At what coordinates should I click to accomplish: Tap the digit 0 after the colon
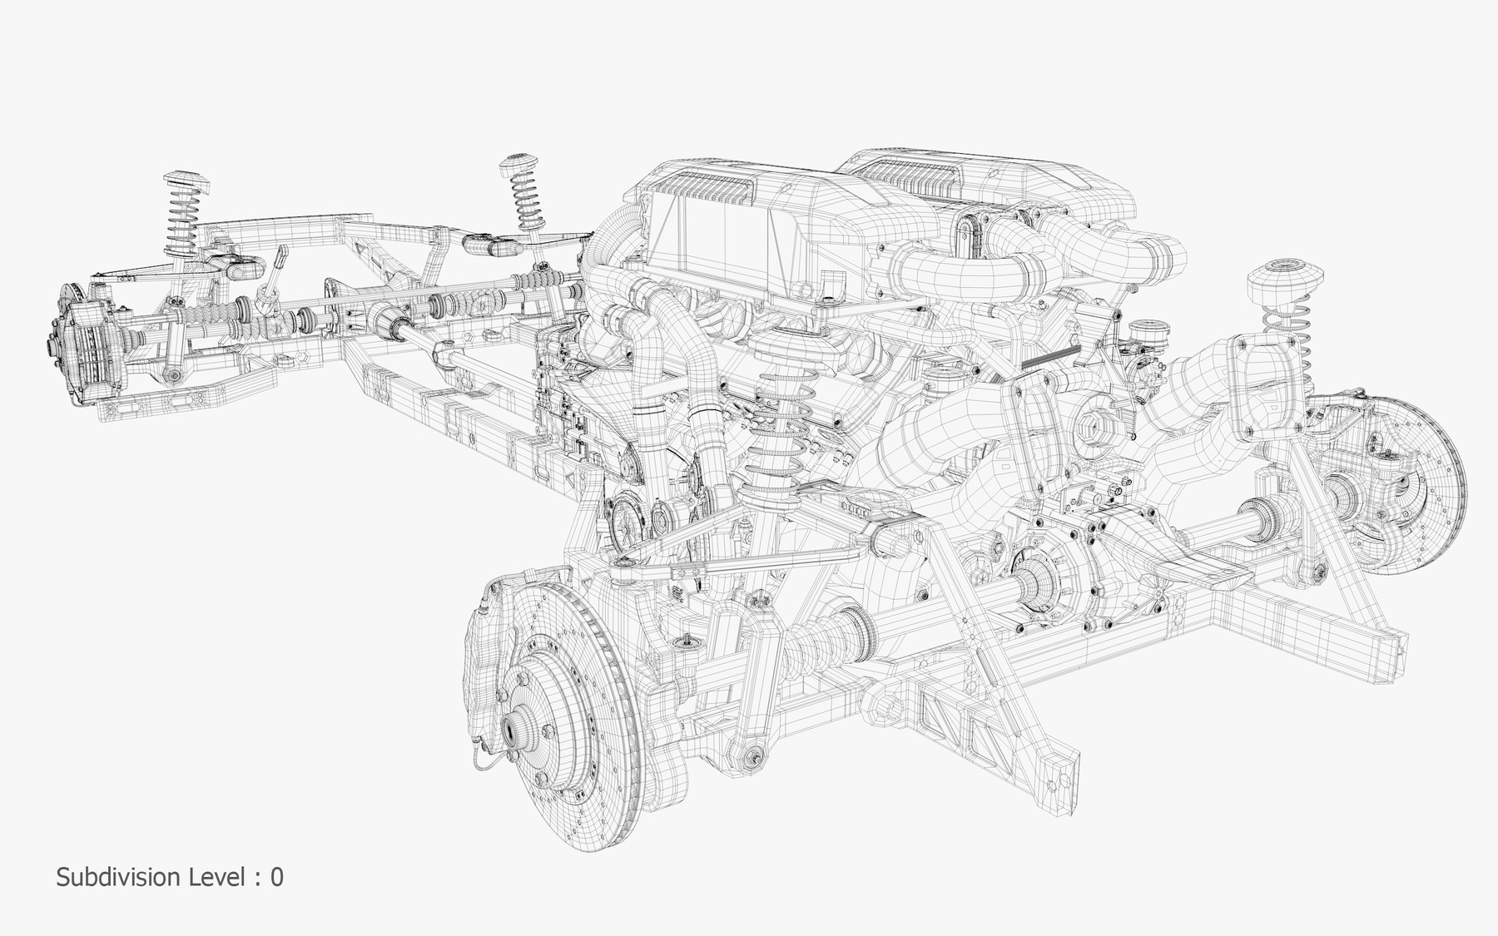tap(276, 877)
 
